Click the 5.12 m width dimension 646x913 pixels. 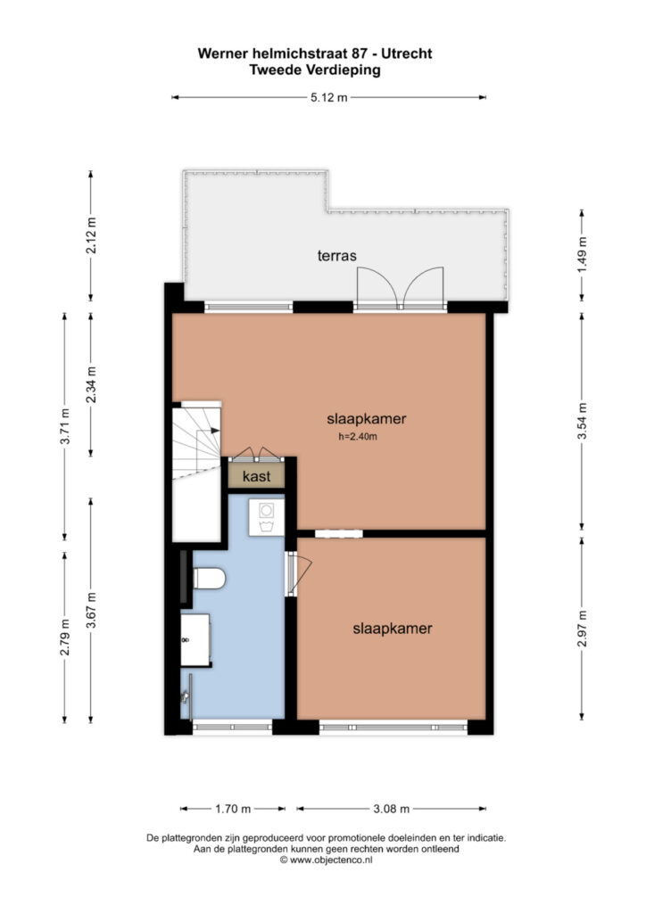coord(329,98)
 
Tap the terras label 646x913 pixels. coord(336,256)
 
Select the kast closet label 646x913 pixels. coord(256,476)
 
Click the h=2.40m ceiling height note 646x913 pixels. coord(358,437)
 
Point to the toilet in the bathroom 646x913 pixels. coord(209,579)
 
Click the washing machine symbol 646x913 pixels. coord(266,517)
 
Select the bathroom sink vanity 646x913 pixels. coord(195,639)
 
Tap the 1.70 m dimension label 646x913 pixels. coord(233,809)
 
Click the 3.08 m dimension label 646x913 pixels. coord(391,809)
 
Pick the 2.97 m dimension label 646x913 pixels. coord(582,629)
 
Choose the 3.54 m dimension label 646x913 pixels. coord(582,421)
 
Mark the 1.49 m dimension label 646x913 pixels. coord(582,255)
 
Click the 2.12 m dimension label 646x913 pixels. coord(91,235)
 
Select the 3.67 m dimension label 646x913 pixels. coord(91,610)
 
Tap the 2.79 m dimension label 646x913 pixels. coord(64,637)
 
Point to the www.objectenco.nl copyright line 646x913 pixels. coord(327,860)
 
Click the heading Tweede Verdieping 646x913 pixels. coord(315,70)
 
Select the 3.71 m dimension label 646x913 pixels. coord(64,426)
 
